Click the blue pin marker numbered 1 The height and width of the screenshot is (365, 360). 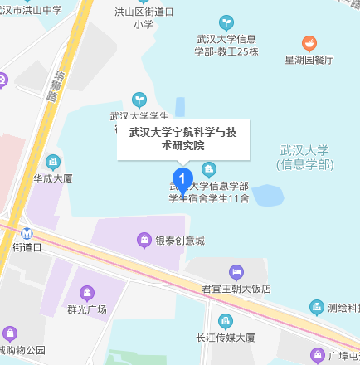(x=182, y=177)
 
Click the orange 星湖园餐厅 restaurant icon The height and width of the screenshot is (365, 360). (x=309, y=43)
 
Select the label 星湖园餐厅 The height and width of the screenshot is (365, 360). (x=309, y=61)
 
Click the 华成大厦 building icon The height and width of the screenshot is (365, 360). (x=54, y=161)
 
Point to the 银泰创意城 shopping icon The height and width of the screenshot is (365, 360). (x=144, y=241)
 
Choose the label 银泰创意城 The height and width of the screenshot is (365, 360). (x=180, y=241)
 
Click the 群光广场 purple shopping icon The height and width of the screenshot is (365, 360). (x=86, y=292)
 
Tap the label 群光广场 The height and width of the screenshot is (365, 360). (x=86, y=309)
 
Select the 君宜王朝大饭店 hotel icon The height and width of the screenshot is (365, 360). (x=236, y=272)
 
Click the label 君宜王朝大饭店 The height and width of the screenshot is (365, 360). (x=236, y=289)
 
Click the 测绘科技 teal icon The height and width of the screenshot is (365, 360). (x=316, y=307)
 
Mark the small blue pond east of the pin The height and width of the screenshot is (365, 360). (x=267, y=196)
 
